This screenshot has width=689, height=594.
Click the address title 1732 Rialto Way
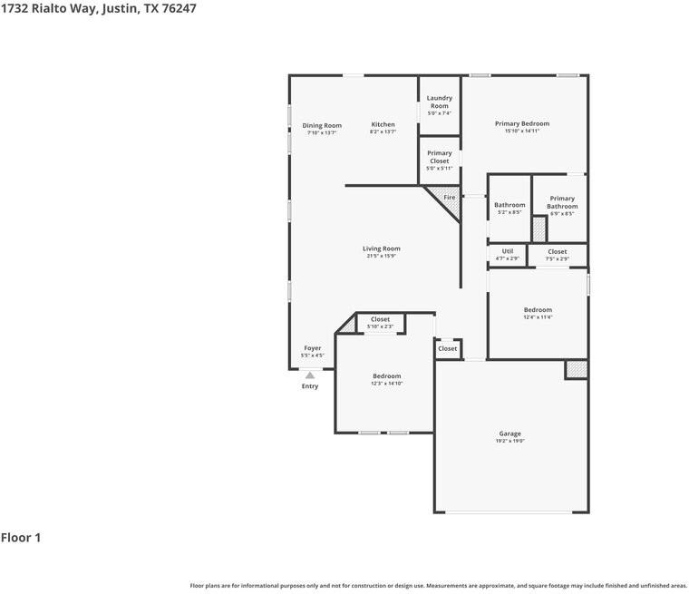point(98,8)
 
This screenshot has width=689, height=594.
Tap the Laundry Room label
point(439,102)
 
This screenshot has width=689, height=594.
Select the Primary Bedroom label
point(521,123)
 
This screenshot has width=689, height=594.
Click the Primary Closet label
point(439,157)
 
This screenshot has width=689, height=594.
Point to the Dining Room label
point(322,125)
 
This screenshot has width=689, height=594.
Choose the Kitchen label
point(383,124)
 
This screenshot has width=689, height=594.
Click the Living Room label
point(381,248)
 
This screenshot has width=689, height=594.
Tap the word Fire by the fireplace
point(449,197)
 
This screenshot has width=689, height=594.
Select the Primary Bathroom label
point(562,202)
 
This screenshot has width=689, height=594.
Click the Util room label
point(507,251)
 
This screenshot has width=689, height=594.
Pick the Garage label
point(509,433)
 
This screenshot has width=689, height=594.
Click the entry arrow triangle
point(310,375)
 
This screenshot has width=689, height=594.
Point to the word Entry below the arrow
point(310,386)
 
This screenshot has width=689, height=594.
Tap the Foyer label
point(312,348)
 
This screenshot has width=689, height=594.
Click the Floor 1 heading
point(21,538)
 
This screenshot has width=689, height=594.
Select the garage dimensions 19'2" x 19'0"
point(509,442)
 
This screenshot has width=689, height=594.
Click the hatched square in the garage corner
point(576,369)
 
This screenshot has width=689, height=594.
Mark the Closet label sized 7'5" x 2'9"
point(557,251)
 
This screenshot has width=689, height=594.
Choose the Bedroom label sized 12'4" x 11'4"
point(538,310)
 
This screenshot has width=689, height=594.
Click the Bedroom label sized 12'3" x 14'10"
point(386,375)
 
